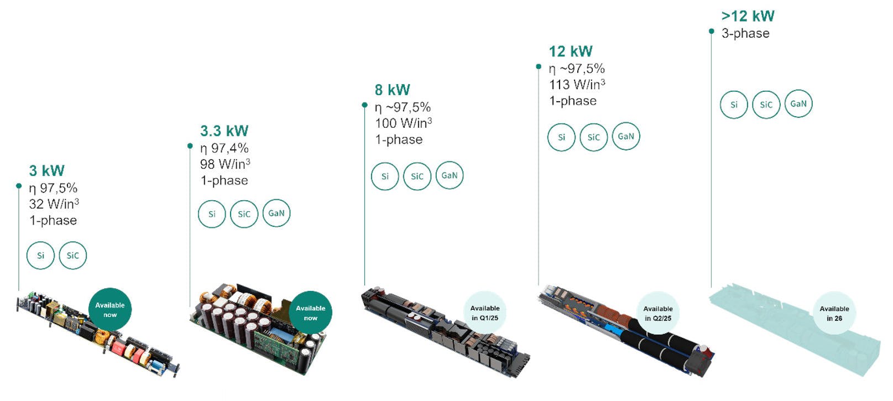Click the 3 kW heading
click(x=47, y=170)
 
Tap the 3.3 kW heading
click(x=224, y=131)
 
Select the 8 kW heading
click(x=392, y=90)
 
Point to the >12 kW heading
click(x=748, y=16)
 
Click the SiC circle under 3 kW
click(x=73, y=256)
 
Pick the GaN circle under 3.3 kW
click(x=276, y=213)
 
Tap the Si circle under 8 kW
click(x=385, y=176)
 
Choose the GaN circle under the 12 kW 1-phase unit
click(x=626, y=137)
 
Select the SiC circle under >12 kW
click(x=766, y=105)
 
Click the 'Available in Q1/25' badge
click(x=484, y=313)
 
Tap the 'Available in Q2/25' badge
click(x=657, y=314)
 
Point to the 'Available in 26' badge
click(x=834, y=314)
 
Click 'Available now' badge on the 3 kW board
click(x=110, y=310)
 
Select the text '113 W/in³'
click(x=577, y=85)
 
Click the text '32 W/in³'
click(x=54, y=204)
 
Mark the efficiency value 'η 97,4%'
click(x=224, y=148)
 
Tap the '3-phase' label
click(x=745, y=33)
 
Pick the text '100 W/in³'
click(x=403, y=123)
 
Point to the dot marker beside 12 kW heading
click(x=539, y=67)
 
